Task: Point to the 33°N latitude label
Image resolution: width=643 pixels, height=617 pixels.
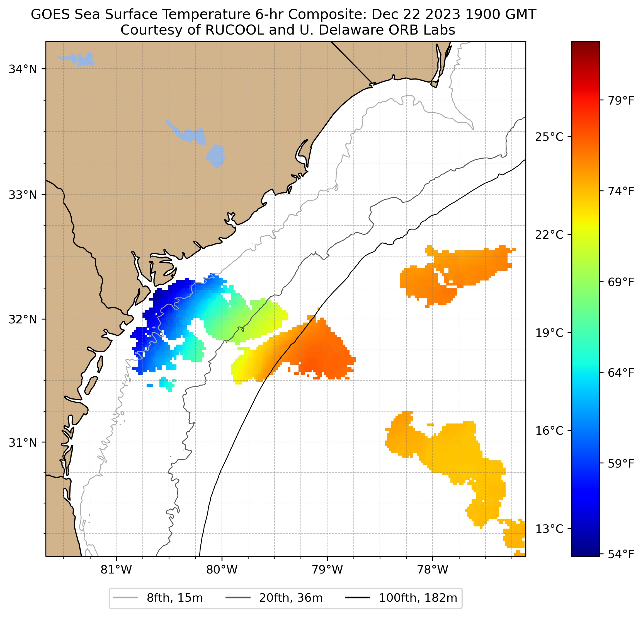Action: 23,195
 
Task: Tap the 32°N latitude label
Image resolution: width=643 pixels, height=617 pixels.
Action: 23,319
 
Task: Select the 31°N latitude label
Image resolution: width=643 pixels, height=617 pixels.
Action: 23,443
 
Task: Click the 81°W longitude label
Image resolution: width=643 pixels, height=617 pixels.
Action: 116,570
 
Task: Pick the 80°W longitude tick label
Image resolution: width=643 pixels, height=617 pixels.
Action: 222,570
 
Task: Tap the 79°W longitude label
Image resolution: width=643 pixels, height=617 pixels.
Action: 327,570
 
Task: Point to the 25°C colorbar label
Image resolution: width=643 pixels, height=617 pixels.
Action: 549,137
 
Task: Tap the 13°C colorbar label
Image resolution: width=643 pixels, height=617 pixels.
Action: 549,529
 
